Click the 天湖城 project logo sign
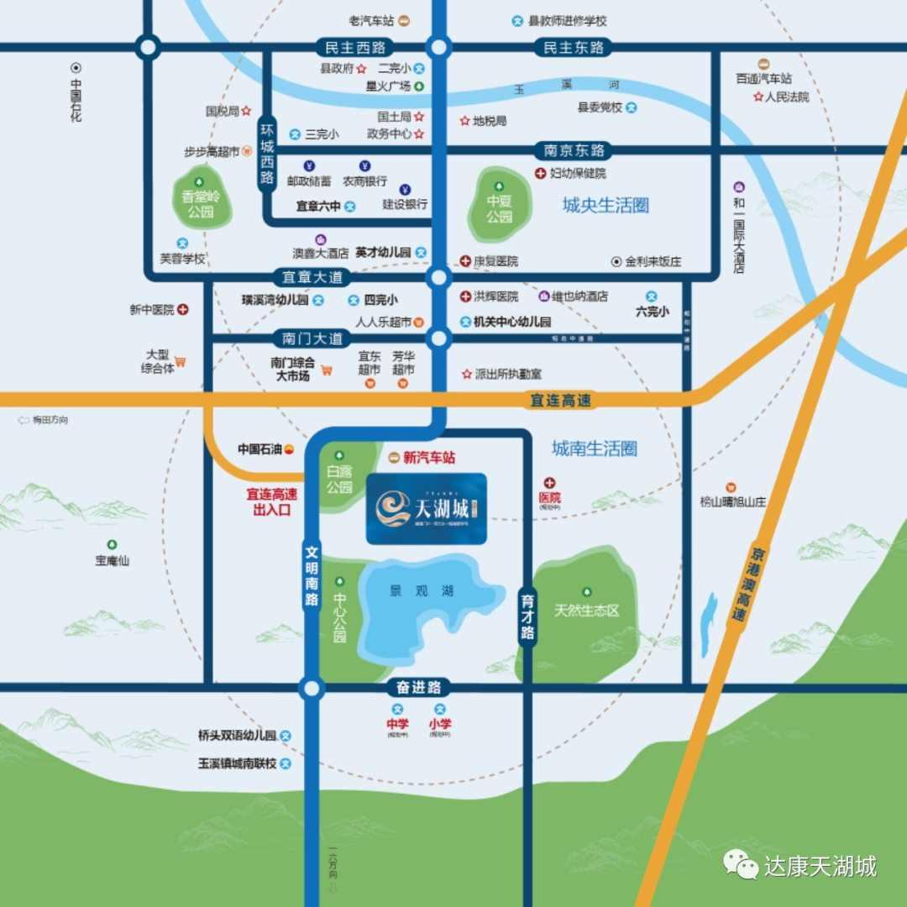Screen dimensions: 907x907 (x=427, y=508)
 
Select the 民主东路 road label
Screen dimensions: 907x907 (x=574, y=48)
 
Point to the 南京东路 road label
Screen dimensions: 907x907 (x=574, y=151)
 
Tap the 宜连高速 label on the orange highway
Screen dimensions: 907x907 (x=560, y=401)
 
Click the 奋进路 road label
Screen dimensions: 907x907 (x=418, y=688)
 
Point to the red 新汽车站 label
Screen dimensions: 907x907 (x=429, y=458)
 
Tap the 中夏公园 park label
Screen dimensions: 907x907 (x=500, y=208)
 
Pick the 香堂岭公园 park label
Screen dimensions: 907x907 (x=200, y=204)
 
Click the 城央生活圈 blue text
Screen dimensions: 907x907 (x=606, y=206)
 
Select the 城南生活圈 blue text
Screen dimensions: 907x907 (x=595, y=448)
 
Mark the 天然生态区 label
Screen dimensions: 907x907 (x=587, y=611)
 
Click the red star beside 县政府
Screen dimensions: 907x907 (x=362, y=69)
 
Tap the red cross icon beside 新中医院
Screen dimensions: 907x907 (x=183, y=310)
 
